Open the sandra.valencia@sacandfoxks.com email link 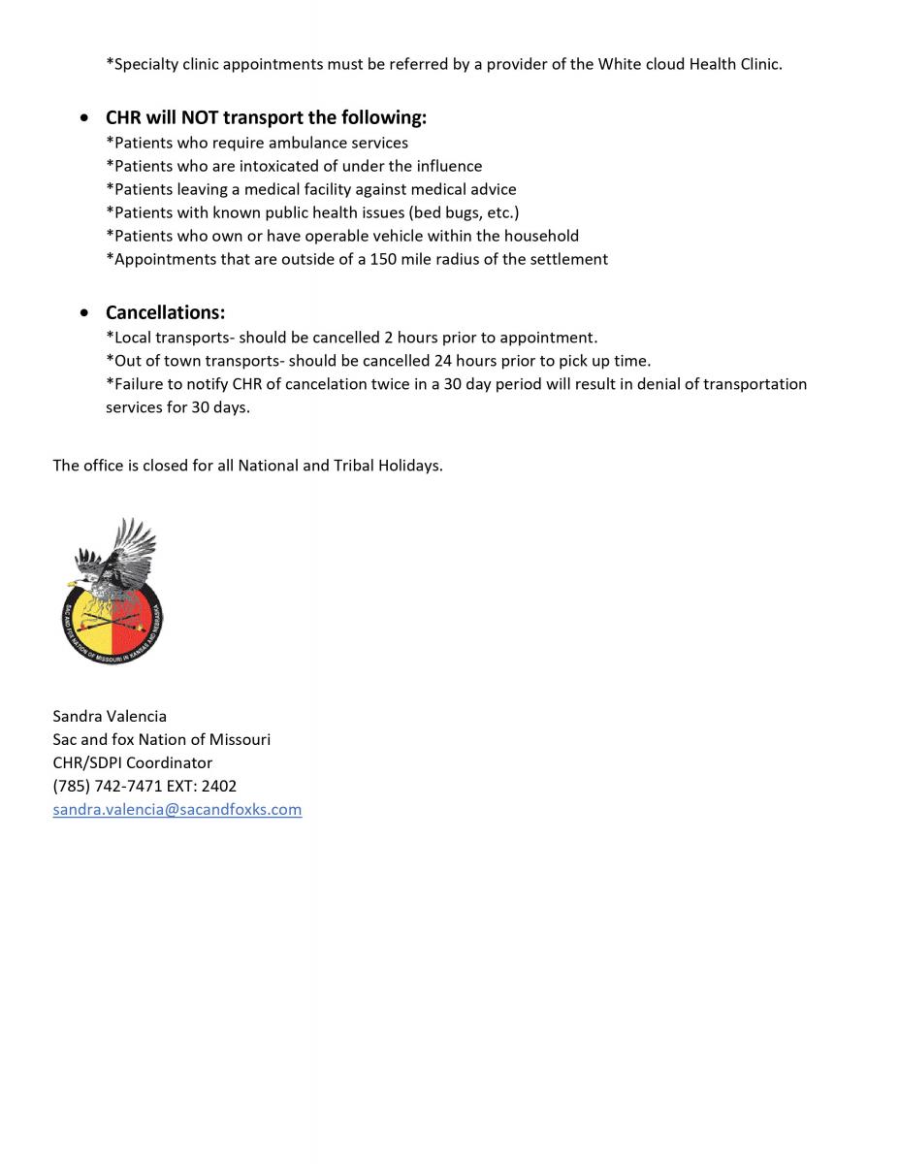click(177, 809)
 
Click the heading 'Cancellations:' click(165, 312)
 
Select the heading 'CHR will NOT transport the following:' click(266, 117)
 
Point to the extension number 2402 click(219, 786)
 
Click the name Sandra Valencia click(110, 716)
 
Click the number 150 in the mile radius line click(384, 259)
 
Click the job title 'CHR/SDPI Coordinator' click(133, 762)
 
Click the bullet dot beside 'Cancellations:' click(86, 313)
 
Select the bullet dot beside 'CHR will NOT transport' click(86, 118)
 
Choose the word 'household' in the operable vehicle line click(541, 236)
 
